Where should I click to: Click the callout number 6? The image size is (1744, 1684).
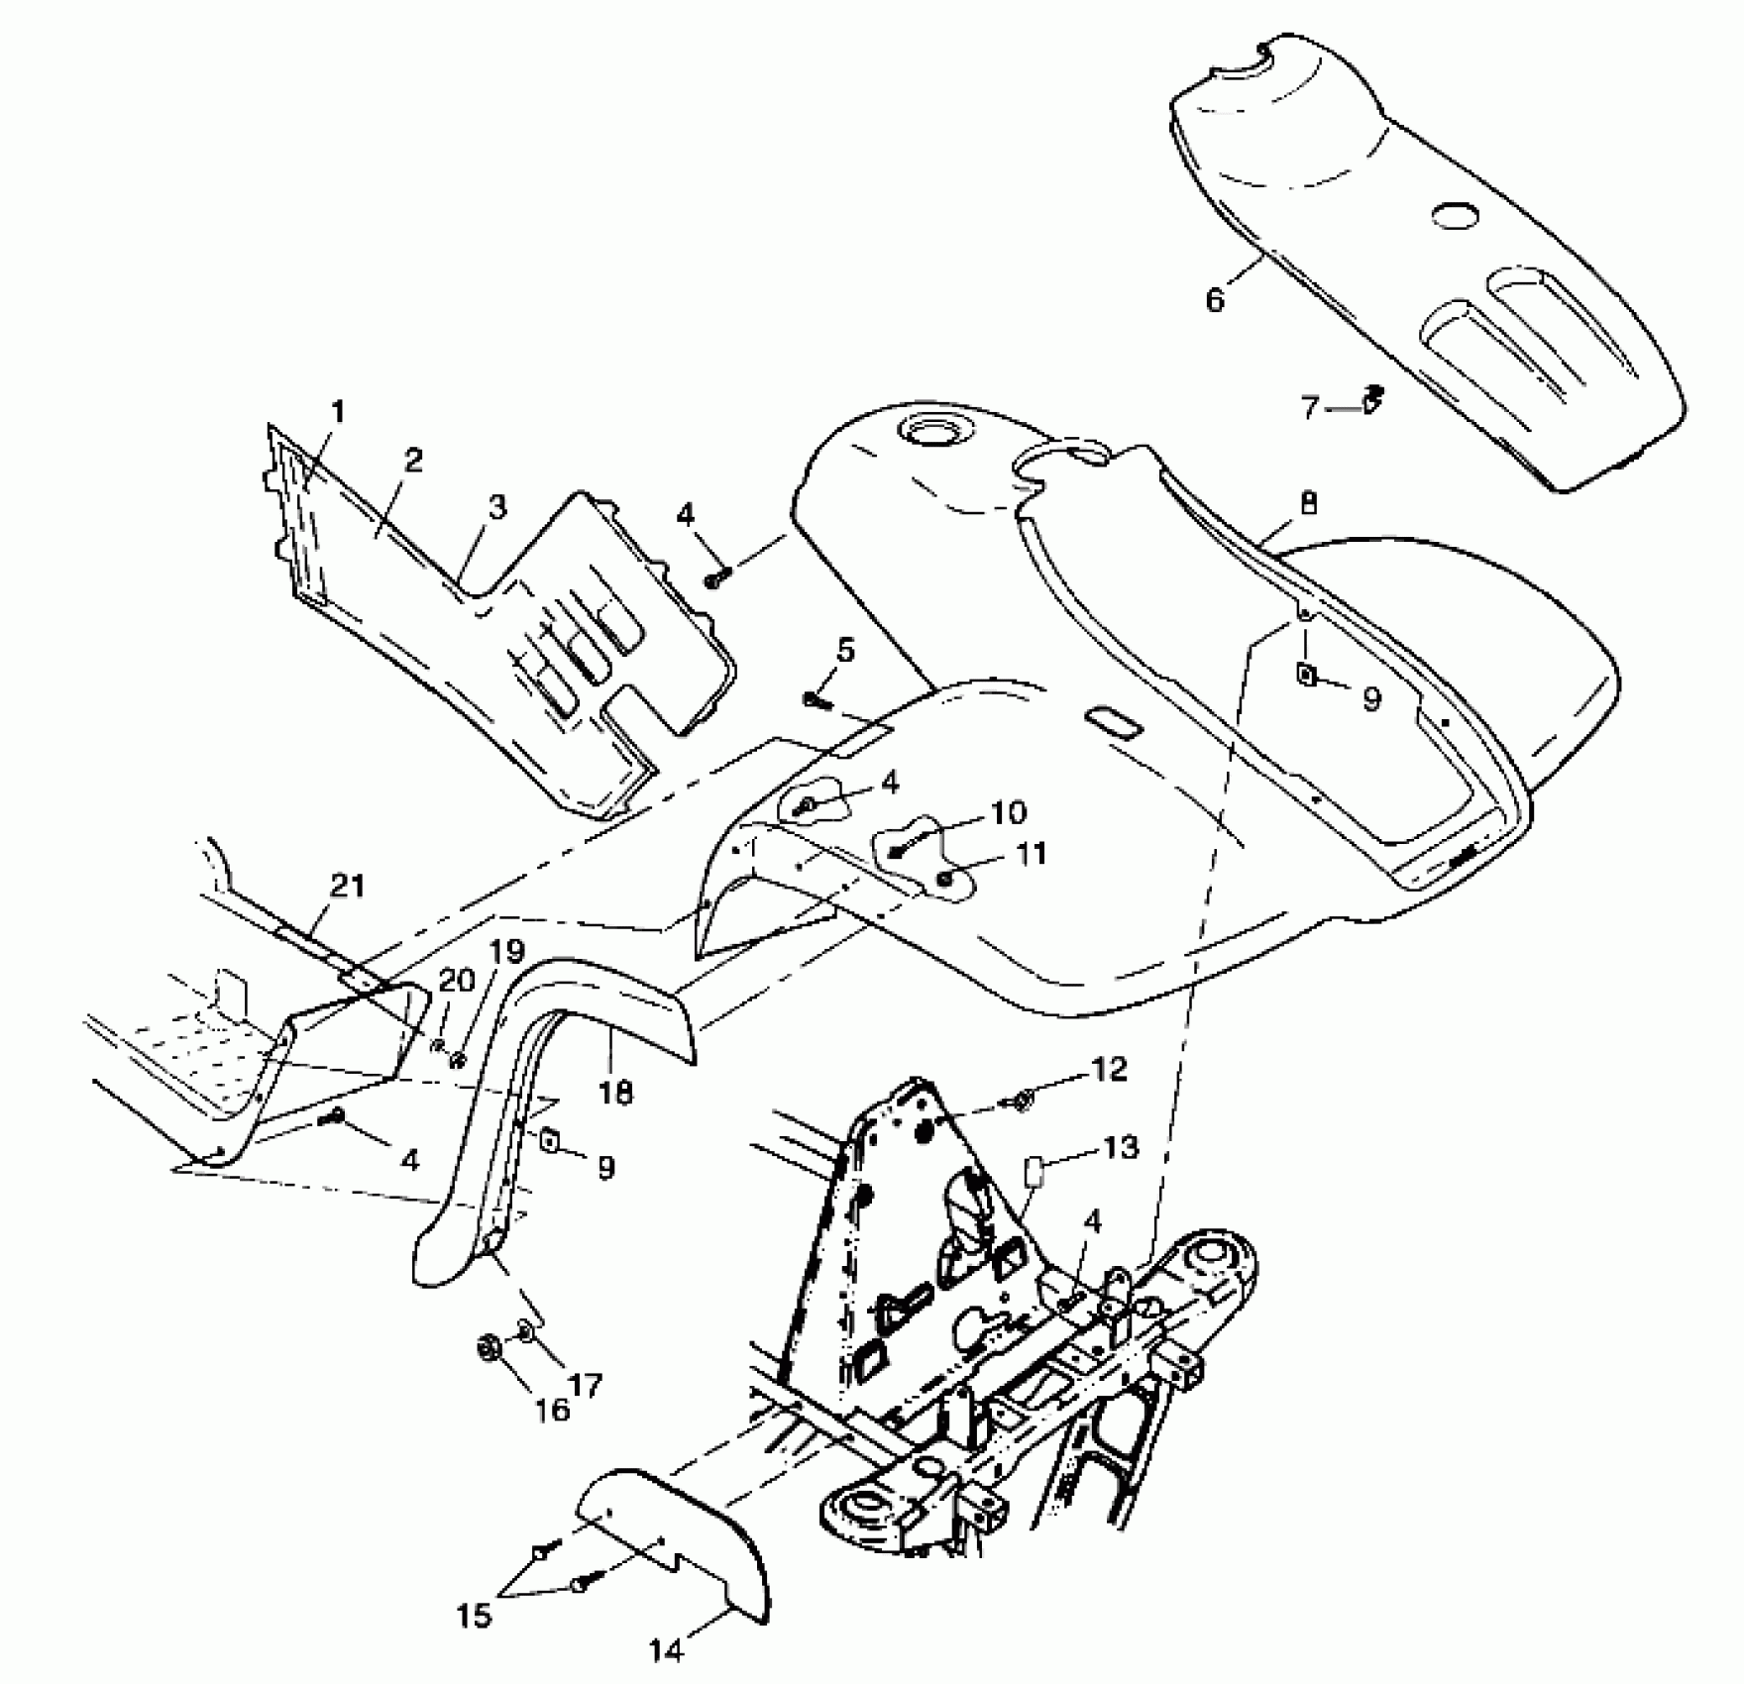1216,297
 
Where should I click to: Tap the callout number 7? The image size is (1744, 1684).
1311,407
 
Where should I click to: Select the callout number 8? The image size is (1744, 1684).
1309,505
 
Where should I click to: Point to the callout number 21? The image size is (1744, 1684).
347,886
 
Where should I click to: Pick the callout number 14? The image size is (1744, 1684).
667,1651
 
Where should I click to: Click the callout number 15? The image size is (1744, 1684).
475,1618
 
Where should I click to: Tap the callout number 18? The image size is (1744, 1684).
615,1093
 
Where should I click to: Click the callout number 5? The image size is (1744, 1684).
844,651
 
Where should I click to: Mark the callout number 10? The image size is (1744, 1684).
1008,812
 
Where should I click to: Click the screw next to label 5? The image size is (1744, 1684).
816,699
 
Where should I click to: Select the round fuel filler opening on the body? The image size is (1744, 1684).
924,433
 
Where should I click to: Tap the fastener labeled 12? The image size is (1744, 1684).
1020,1099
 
